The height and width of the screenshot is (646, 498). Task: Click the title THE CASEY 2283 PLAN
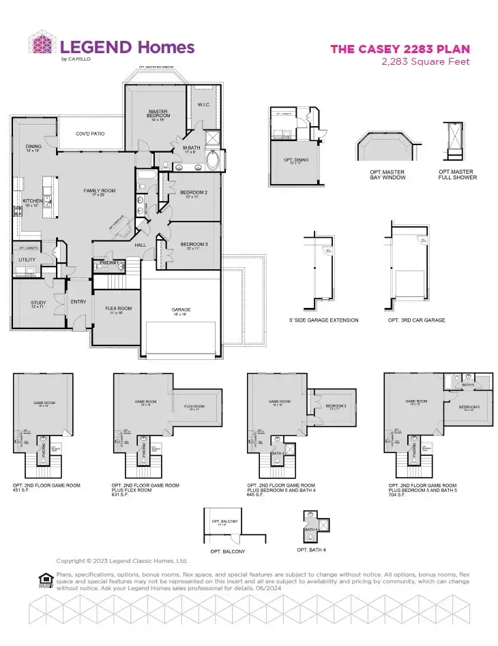400,49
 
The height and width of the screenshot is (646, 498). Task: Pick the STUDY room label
38,305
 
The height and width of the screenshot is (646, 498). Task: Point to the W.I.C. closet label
203,104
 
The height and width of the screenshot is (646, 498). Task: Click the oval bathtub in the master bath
214,162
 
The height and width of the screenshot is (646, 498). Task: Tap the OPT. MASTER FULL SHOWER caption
458,174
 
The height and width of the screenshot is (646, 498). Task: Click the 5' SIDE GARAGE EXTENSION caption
324,320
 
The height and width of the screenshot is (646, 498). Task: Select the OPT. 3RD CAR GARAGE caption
417,320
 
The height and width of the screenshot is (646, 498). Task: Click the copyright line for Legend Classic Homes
121,561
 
